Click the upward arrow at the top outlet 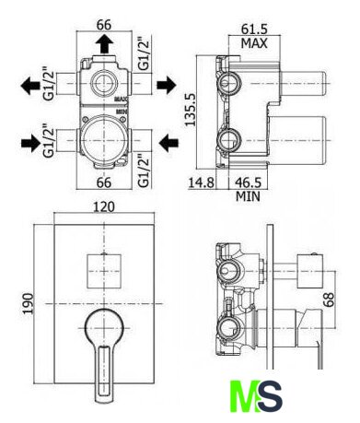coord(104,43)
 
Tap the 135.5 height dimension coord(191,110)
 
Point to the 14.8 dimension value coord(201,182)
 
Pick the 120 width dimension coord(104,206)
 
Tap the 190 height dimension coord(29,303)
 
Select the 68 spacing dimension coord(328,300)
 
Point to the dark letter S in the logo coord(270,395)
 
